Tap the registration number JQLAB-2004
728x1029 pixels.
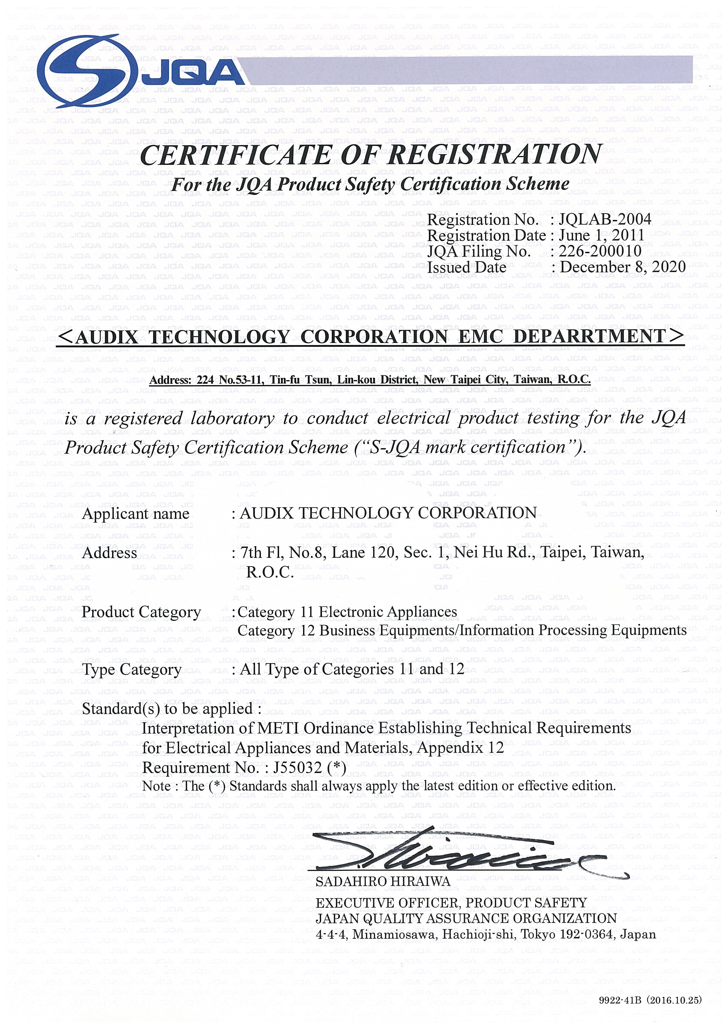(605, 220)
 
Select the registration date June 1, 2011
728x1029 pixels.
(601, 236)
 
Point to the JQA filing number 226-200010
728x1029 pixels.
(600, 252)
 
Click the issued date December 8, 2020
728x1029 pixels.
(623, 268)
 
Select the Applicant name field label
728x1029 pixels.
(136, 514)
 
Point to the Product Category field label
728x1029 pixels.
(141, 612)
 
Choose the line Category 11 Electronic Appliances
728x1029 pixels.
(347, 612)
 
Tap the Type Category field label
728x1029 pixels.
(132, 670)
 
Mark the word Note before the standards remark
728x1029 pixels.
(156, 786)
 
